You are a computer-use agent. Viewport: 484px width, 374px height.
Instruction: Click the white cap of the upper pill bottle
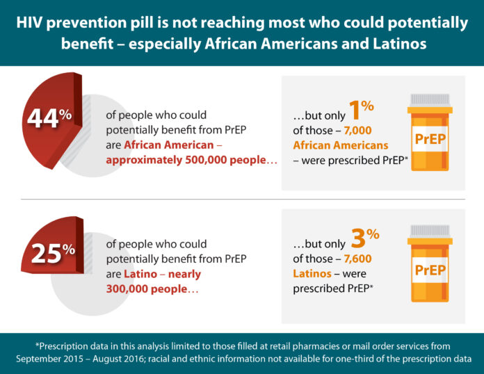click(x=429, y=99)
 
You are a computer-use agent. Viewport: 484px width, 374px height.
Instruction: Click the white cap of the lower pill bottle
click(x=429, y=232)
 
